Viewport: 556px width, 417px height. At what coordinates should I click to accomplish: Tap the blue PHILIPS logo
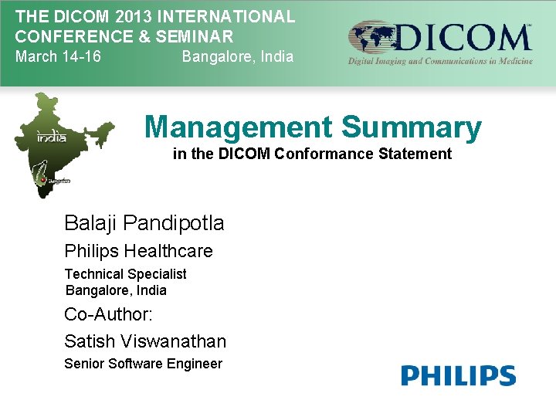point(458,376)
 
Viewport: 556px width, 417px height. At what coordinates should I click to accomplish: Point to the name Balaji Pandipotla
point(144,223)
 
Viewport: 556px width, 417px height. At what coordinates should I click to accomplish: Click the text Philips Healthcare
point(138,251)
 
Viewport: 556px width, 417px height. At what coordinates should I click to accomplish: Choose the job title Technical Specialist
point(125,274)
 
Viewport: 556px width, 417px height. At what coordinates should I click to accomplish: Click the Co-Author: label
point(108,314)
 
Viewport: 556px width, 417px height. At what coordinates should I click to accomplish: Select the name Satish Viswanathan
point(145,341)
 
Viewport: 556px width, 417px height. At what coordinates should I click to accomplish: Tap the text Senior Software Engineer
point(143,364)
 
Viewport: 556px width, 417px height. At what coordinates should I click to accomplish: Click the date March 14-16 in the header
point(58,56)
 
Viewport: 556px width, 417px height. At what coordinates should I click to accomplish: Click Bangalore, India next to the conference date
point(237,56)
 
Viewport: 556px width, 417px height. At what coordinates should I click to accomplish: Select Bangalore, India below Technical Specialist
point(116,290)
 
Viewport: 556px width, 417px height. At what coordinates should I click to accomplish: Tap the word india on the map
point(52,137)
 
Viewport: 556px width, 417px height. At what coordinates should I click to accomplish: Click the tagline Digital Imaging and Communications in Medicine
point(440,61)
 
